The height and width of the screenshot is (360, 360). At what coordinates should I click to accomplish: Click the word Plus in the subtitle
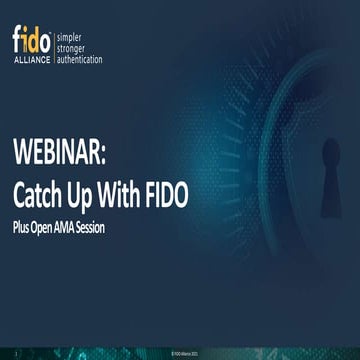[24, 227]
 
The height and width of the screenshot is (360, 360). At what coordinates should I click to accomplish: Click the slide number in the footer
[16, 352]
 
